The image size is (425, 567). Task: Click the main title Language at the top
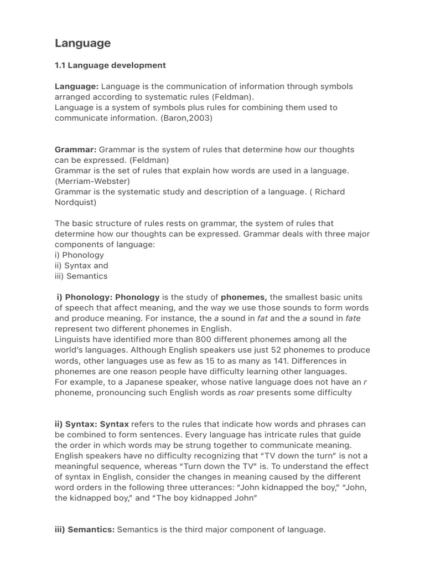click(x=82, y=43)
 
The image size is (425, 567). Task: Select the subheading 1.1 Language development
click(x=110, y=65)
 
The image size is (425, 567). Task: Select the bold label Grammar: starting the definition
click(x=76, y=150)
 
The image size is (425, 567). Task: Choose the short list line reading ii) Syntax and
click(x=81, y=265)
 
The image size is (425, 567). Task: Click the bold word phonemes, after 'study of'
click(x=244, y=297)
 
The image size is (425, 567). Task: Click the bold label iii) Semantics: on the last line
click(x=85, y=530)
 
